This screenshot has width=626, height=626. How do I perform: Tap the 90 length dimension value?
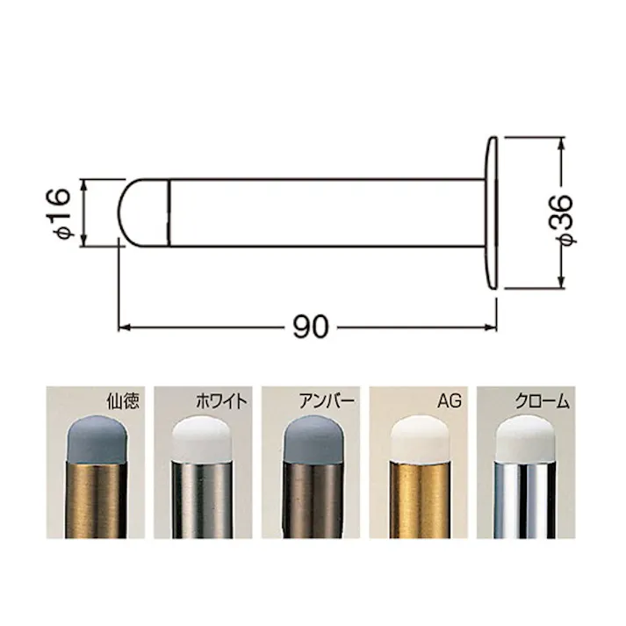pyautogui.click(x=311, y=327)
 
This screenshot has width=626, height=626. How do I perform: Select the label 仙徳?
pyautogui.click(x=123, y=401)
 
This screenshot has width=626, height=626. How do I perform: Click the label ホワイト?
pyautogui.click(x=221, y=401)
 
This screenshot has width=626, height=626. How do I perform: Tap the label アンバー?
pyautogui.click(x=327, y=401)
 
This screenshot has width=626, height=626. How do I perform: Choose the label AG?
pyautogui.click(x=450, y=401)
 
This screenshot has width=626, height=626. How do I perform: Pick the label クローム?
pyautogui.click(x=542, y=401)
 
